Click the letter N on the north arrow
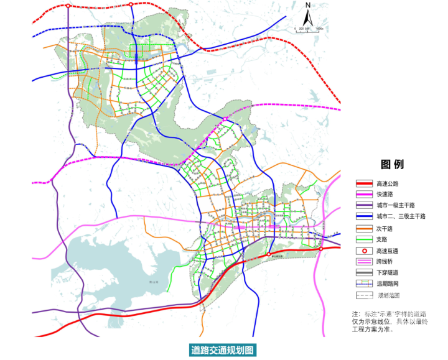pos(307,5)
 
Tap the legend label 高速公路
pos(387,183)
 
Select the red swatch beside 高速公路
pos(363,183)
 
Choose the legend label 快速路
pos(384,195)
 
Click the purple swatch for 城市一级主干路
pos(363,205)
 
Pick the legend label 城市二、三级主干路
pos(400,216)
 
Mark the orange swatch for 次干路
pos(363,228)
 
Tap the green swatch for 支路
pos(363,239)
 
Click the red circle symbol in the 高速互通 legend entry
pos(363,250)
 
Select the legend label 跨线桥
pos(384,261)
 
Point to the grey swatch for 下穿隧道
pos(363,272)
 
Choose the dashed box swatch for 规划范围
pos(363,295)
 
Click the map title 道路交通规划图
pos(223,350)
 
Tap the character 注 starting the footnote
pos(355,315)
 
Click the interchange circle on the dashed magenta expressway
pos(225,118)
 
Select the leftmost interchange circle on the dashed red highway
pos(67,6)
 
